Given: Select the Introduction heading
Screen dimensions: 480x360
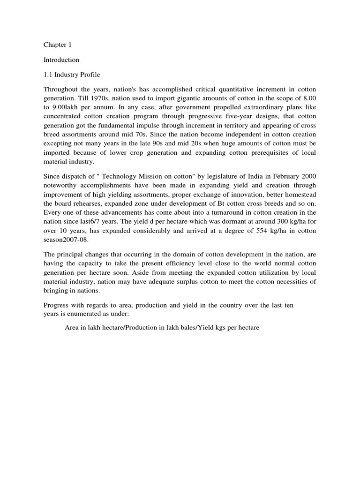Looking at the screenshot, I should (x=61, y=60).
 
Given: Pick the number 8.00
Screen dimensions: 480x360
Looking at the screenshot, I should (x=308, y=99).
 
